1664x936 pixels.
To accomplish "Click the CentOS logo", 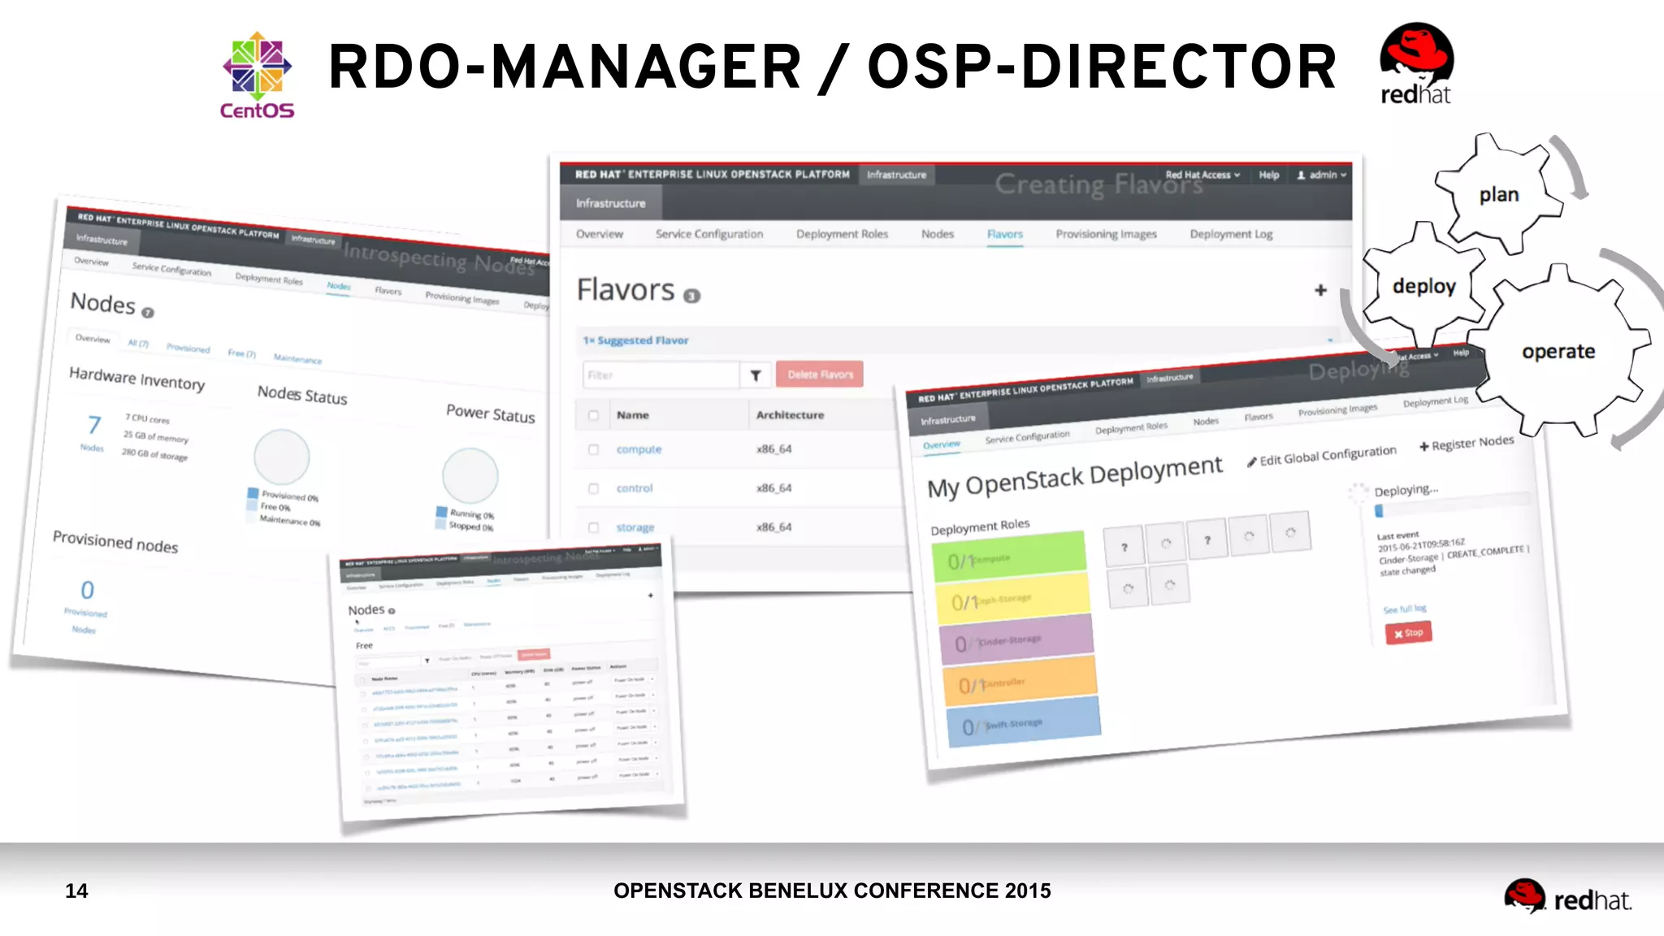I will pos(257,76).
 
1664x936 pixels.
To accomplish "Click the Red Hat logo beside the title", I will pos(1416,65).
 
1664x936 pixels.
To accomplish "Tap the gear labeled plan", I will pos(1498,195).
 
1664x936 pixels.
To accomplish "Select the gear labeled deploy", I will pos(1423,286).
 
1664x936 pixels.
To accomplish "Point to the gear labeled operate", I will pos(1558,352).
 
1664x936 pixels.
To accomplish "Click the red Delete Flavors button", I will pos(820,375).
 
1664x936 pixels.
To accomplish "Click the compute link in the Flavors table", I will pos(639,449).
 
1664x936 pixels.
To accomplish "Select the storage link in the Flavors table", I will pos(635,527).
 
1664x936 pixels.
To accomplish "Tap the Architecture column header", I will pos(790,415).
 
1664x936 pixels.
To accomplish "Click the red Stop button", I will pos(1408,633).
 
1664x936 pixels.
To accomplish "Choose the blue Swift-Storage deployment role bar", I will pos(1024,721).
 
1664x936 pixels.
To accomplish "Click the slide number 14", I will pos(76,891).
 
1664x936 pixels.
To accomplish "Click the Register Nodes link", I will pos(1467,443).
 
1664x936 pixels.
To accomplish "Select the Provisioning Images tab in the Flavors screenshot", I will pos(1106,234).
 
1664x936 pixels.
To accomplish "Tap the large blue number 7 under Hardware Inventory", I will pos(94,424).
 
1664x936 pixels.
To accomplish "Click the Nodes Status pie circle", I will pos(282,457).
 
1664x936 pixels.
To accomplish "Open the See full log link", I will pos(1405,609).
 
